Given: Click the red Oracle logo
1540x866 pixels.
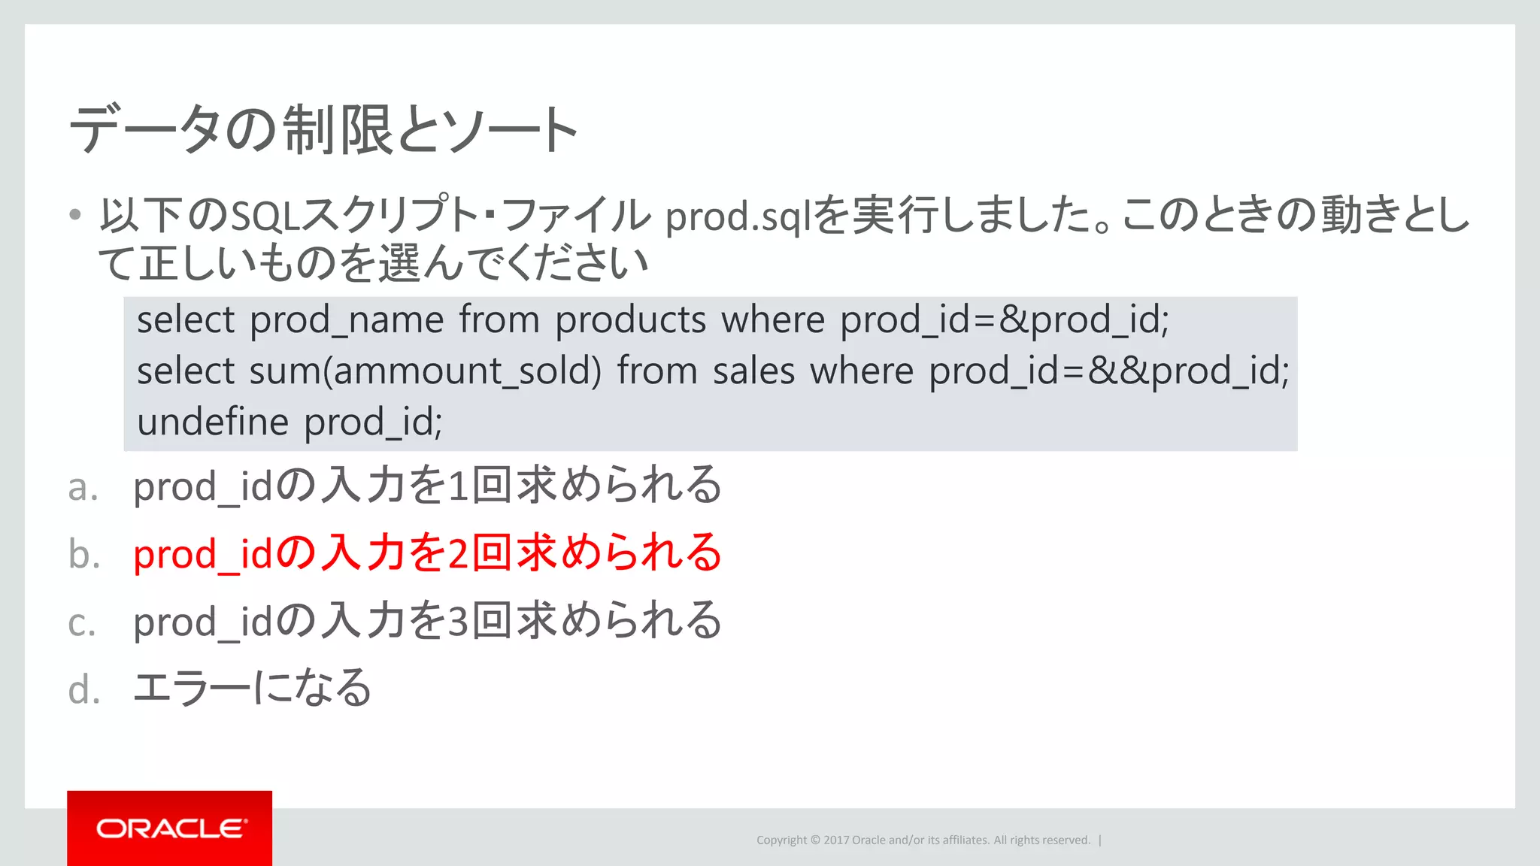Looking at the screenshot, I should tap(169, 828).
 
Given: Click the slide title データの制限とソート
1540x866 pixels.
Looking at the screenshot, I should tap(323, 130).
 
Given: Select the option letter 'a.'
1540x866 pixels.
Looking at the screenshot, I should tap(83, 488).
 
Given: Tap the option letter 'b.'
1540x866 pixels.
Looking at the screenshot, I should tap(83, 555).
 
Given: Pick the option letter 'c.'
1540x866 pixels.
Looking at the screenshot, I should tap(82, 623).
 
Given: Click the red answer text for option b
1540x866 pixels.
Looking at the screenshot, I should tap(427, 553).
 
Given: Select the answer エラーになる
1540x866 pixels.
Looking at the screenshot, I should tap(253, 687).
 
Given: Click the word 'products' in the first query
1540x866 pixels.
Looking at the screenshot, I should tap(630, 320).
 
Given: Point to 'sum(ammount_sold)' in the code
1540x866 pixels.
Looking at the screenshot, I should tap(425, 371).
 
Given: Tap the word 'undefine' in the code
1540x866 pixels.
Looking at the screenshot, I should tap(213, 422).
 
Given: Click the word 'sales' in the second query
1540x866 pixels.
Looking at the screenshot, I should tap(753, 371).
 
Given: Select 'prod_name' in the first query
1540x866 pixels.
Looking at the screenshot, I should tap(347, 320).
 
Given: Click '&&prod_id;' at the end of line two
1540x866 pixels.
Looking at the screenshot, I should tap(1188, 371).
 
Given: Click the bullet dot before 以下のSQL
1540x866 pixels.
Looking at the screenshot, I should tap(74, 216).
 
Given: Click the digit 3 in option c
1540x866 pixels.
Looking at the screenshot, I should tap(459, 622).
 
